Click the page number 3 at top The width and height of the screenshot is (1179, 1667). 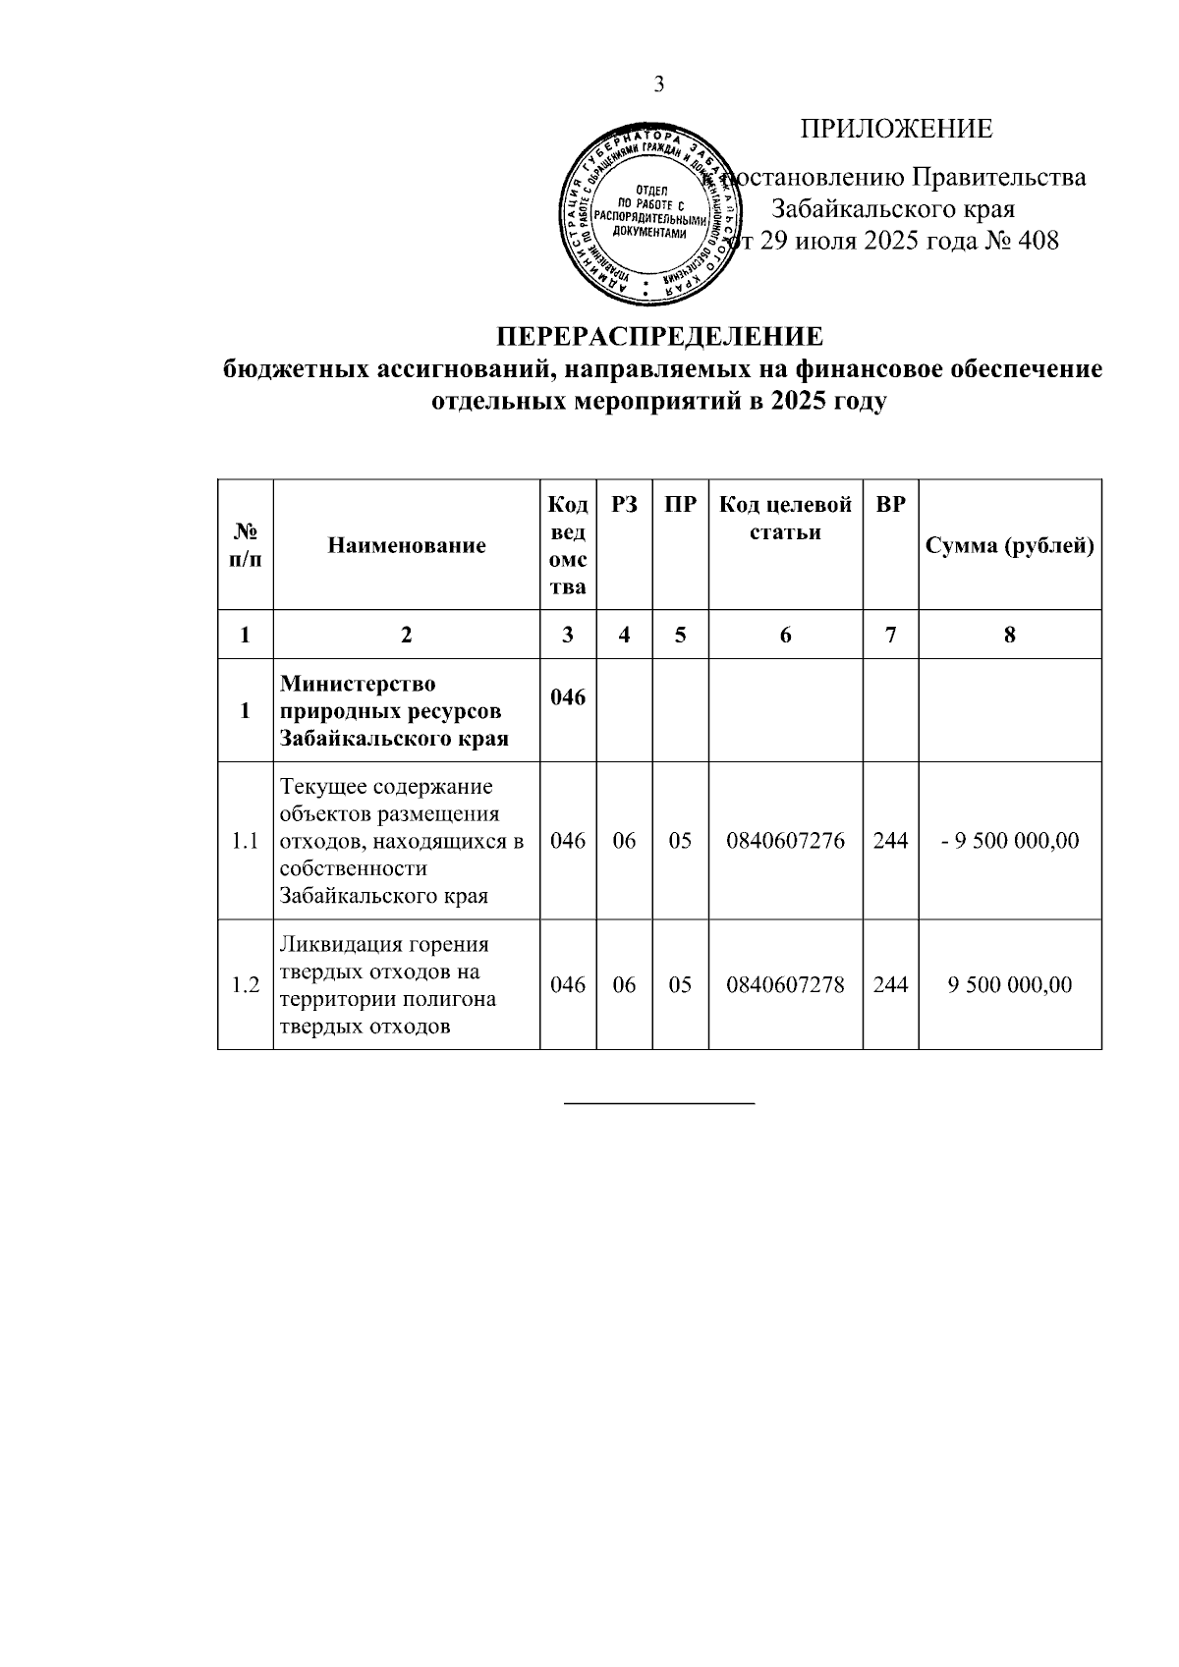[659, 85]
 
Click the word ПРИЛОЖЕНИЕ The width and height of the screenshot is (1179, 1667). [895, 130]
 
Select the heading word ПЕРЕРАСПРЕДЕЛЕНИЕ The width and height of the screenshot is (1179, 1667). [659, 337]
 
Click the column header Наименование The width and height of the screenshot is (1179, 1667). [406, 546]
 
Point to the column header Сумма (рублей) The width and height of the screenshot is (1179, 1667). [1010, 546]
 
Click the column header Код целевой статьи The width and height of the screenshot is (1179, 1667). [785, 519]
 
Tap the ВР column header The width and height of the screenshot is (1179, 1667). [890, 505]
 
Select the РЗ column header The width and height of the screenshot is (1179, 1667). [624, 505]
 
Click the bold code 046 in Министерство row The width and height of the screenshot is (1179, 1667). [568, 697]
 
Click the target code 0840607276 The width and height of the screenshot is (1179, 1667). [785, 841]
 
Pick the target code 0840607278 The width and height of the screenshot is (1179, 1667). [785, 985]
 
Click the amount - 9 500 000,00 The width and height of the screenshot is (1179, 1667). [1010, 841]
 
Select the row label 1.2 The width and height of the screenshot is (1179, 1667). [245, 985]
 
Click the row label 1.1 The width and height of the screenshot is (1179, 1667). [245, 841]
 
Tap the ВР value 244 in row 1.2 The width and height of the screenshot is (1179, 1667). [890, 985]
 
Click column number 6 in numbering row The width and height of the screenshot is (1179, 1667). [785, 636]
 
